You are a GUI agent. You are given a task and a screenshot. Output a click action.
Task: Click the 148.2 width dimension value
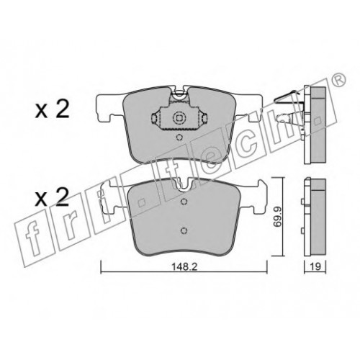(x=184, y=266)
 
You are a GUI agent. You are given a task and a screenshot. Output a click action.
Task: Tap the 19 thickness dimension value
(x=315, y=266)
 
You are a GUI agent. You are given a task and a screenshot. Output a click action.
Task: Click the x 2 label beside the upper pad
(x=52, y=109)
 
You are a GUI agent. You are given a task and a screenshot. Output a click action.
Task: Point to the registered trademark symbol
(x=339, y=79)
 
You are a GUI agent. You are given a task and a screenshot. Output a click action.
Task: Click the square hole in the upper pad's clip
(x=179, y=118)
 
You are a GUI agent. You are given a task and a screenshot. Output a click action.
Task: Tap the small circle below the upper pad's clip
(x=179, y=138)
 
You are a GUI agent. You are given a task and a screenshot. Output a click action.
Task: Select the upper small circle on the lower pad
(x=184, y=202)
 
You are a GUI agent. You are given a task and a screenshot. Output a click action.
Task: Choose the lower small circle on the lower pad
(x=184, y=231)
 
